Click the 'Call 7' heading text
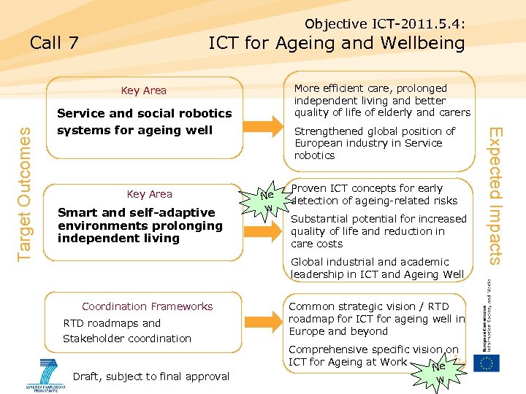[x=54, y=43]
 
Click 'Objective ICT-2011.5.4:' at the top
[x=385, y=24]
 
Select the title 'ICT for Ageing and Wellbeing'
[x=336, y=43]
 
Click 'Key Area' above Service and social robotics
[x=144, y=90]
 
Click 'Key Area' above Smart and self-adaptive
[x=149, y=194]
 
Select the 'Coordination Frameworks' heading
[x=147, y=306]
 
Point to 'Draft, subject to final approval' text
[x=151, y=376]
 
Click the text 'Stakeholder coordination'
[x=127, y=339]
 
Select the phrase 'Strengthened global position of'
[x=374, y=131]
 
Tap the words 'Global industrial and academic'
[x=370, y=262]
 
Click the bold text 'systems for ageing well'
[x=134, y=130]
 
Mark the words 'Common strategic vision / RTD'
[x=369, y=306]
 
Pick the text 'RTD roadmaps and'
[x=112, y=323]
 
